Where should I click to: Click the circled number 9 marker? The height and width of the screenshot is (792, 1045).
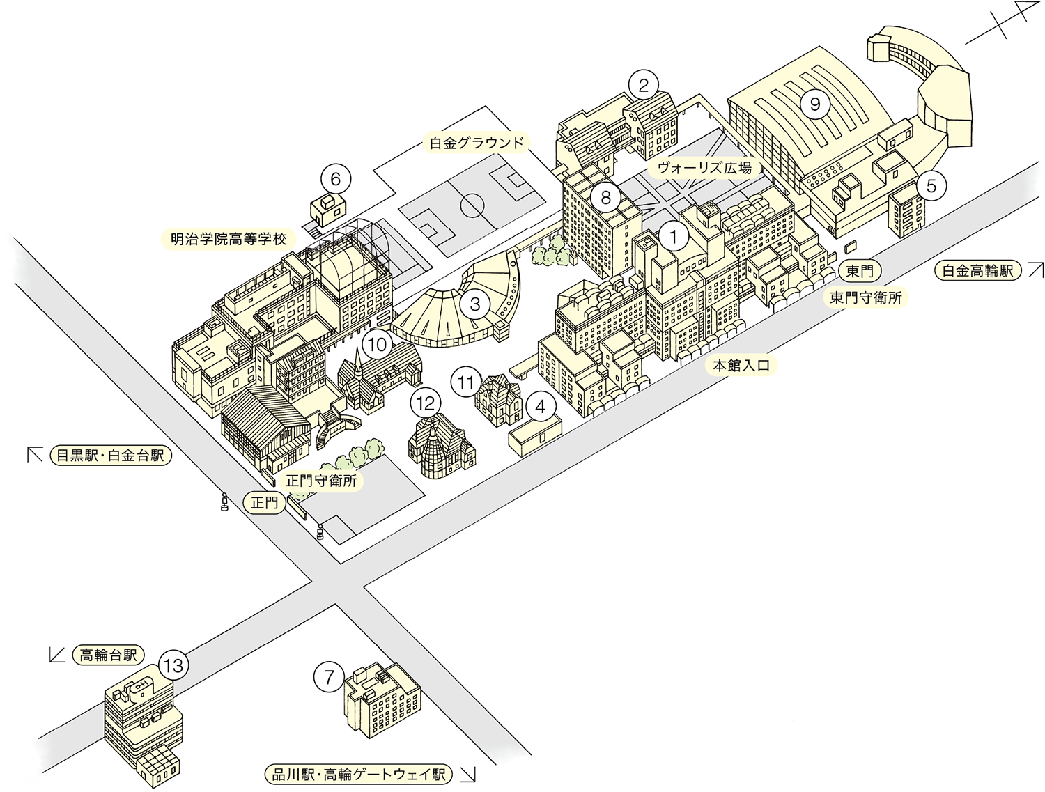tap(815, 104)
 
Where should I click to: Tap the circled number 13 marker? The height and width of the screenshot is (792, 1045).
tap(173, 665)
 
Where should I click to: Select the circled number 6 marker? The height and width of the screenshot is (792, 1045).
tap(335, 180)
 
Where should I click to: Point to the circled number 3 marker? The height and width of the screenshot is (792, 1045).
tap(475, 304)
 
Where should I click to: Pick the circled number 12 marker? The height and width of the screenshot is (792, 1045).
tap(426, 403)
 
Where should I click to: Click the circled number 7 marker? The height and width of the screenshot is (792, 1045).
tap(329, 676)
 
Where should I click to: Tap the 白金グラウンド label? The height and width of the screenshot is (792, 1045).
tap(476, 143)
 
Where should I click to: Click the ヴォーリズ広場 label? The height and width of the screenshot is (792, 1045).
tap(704, 167)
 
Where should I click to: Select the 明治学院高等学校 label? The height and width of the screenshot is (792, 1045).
tap(229, 239)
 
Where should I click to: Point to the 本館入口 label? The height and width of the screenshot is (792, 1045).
tap(741, 364)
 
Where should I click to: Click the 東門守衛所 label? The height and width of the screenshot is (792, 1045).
tap(865, 297)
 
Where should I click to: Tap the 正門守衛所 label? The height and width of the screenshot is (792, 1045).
tap(321, 481)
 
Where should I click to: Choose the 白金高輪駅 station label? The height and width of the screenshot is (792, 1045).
tap(977, 270)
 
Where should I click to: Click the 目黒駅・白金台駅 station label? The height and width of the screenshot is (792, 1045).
tap(110, 456)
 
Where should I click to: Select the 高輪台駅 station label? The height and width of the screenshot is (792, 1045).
tap(108, 655)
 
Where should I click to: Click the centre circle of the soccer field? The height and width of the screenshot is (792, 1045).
tap(472, 205)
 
